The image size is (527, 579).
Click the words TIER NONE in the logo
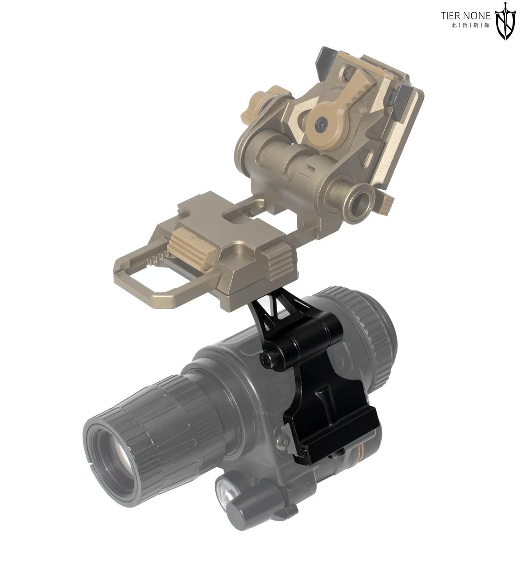[x=465, y=15]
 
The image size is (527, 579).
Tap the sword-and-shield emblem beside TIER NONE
[x=505, y=21]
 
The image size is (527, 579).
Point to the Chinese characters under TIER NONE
[x=470, y=25]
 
